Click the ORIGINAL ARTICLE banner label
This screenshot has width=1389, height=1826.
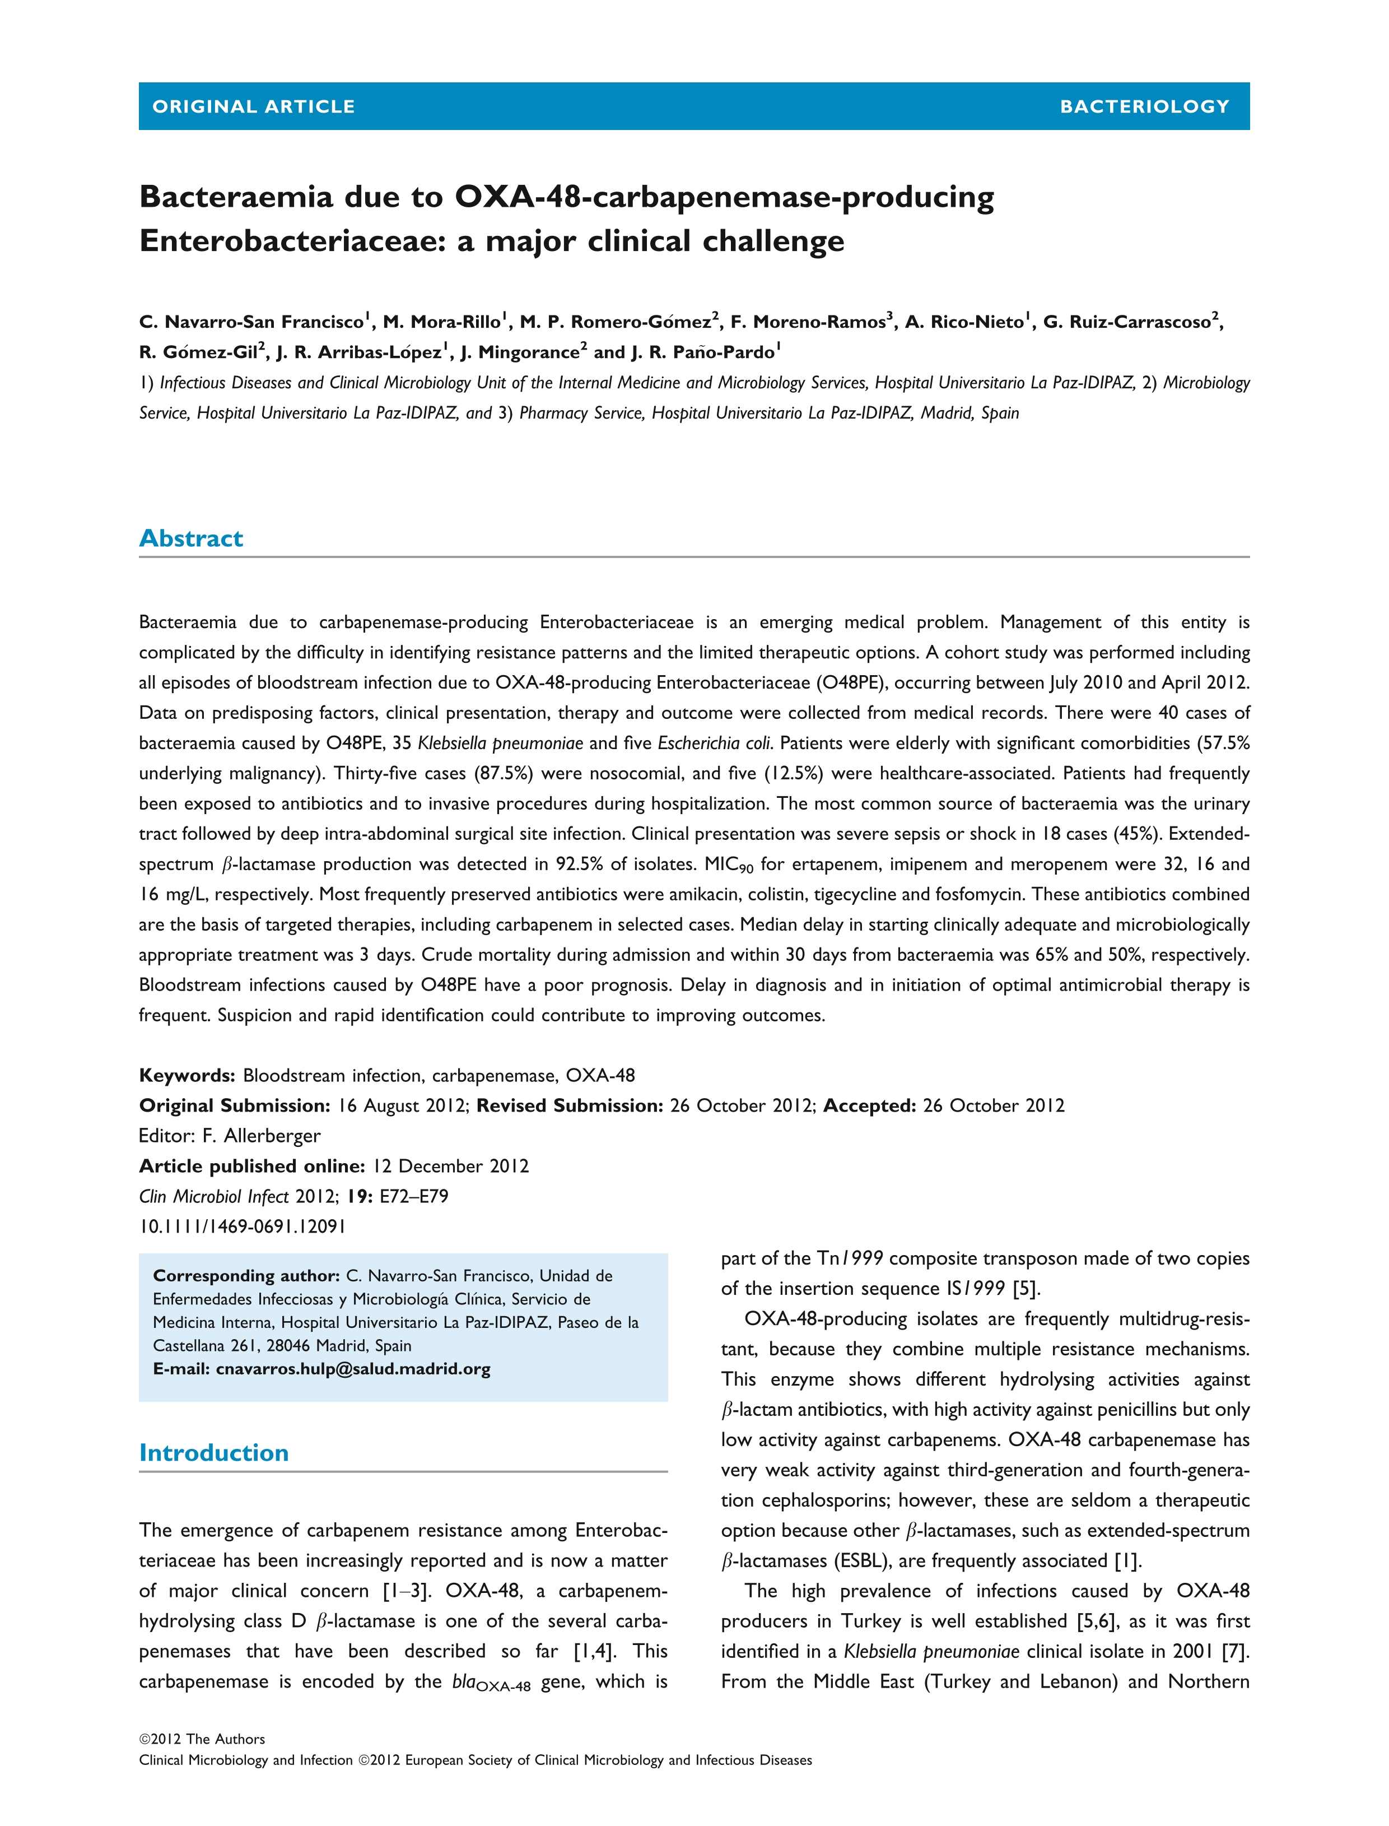(253, 106)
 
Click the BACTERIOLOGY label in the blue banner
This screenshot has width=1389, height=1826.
(1144, 106)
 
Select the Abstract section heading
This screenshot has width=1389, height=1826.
(191, 538)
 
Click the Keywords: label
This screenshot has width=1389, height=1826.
(187, 1075)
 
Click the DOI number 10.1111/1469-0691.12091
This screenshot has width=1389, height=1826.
(243, 1226)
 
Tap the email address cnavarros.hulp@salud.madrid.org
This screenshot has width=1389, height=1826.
(353, 1369)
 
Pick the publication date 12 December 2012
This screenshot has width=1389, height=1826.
(451, 1166)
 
